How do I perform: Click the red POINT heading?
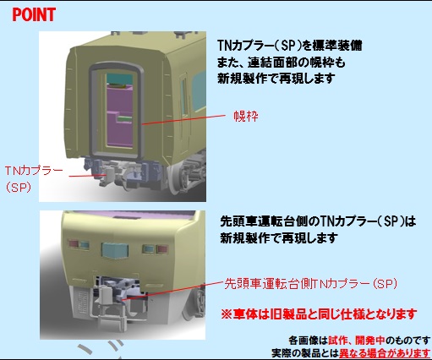[x=34, y=14]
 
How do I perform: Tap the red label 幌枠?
[x=246, y=116]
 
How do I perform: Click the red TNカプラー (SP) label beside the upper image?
[x=34, y=178]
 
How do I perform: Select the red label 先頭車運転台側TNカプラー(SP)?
[x=310, y=284]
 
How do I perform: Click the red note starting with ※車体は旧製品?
[x=319, y=314]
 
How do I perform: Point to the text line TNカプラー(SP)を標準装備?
[x=290, y=46]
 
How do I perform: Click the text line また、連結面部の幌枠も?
[x=282, y=63]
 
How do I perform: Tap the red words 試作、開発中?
[x=357, y=341]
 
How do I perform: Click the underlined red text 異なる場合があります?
[x=385, y=353]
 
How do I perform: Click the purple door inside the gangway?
[x=119, y=116]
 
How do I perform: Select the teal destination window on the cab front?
[x=115, y=250]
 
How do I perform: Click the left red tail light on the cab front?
[x=74, y=244]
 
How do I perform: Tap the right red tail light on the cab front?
[x=162, y=249]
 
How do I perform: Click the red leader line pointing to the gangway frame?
[x=183, y=119]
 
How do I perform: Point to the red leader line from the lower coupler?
[x=174, y=289]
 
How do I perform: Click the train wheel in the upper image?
[x=176, y=179]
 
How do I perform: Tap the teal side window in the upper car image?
[x=199, y=91]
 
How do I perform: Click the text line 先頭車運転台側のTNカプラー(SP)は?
[x=318, y=221]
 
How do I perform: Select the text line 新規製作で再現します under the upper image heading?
[x=276, y=79]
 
